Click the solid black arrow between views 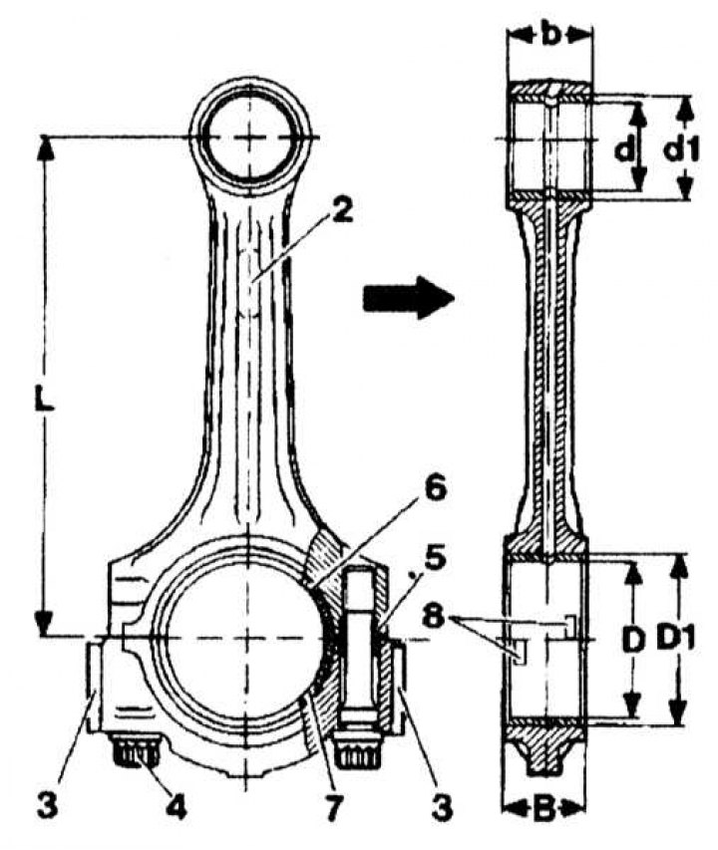pos(407,296)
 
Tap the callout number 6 pos(435,491)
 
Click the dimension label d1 pos(682,150)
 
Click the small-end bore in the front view pos(253,136)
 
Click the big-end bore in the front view pos(243,636)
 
